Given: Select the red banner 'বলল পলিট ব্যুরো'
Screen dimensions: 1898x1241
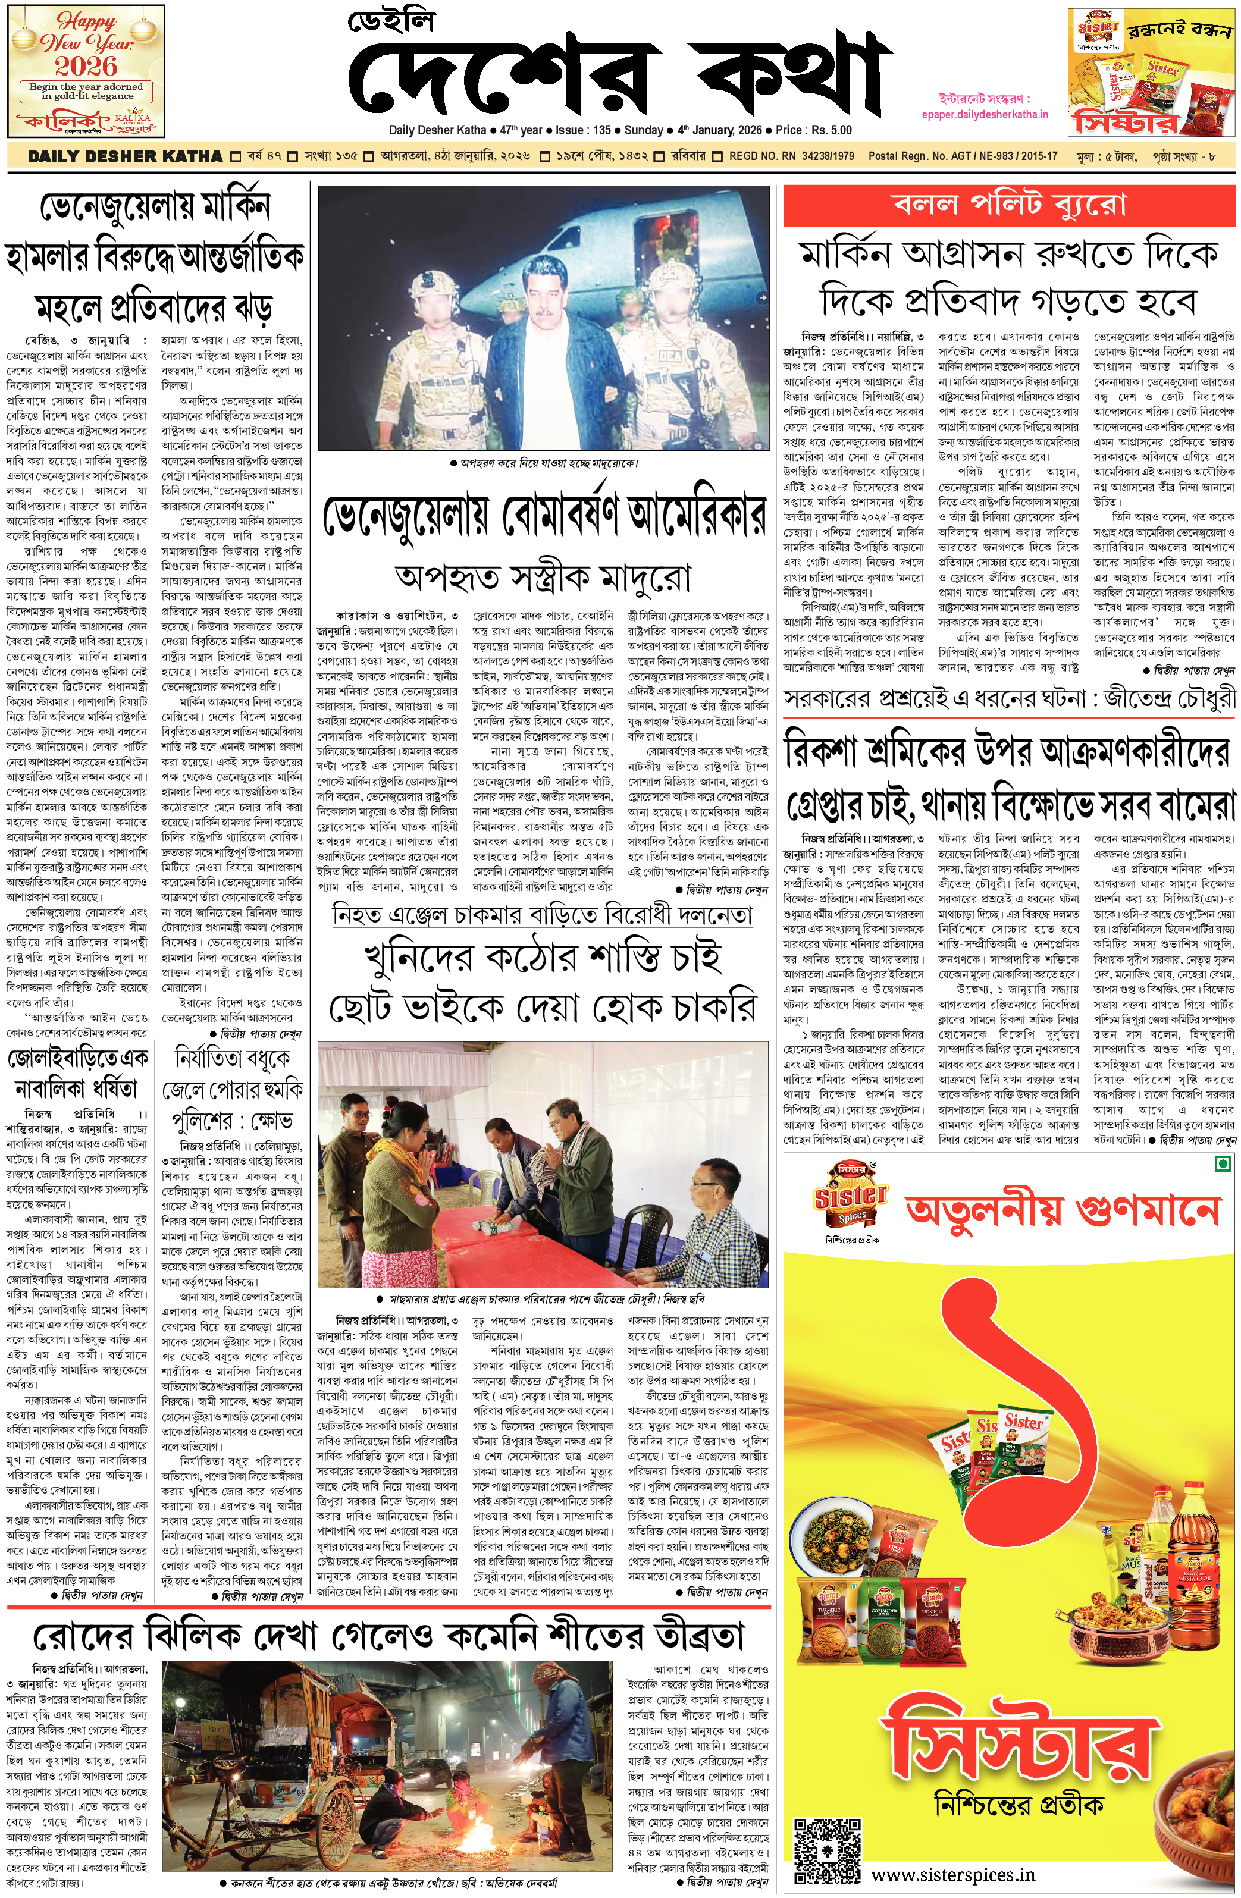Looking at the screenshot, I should pyautogui.click(x=1009, y=205).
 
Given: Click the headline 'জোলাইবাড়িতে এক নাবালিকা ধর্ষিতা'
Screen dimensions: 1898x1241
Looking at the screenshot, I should pyautogui.click(x=77, y=1074).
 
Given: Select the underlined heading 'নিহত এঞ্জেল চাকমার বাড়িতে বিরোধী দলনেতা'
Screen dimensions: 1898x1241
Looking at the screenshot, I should pyautogui.click(x=543, y=914).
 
